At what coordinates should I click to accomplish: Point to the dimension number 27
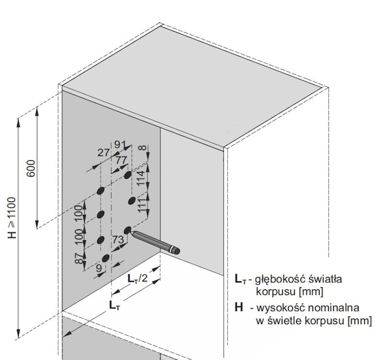click(x=103, y=152)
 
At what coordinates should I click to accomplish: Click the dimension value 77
click(x=121, y=159)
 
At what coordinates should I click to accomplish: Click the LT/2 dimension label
click(x=138, y=279)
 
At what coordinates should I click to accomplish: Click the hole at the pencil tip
click(x=128, y=231)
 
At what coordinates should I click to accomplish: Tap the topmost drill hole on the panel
click(x=128, y=174)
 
